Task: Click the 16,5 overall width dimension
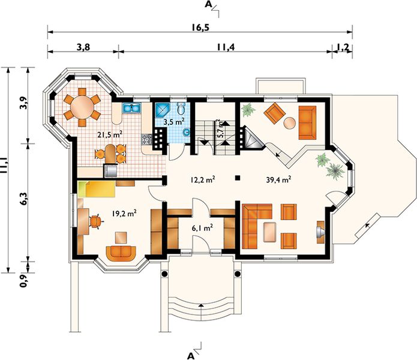click(x=200, y=28)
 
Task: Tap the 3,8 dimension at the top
click(x=83, y=47)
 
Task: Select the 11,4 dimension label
click(x=226, y=47)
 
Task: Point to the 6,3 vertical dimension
click(x=24, y=199)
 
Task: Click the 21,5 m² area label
click(x=110, y=134)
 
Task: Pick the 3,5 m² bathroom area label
click(x=174, y=122)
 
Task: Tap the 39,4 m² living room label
click(x=278, y=180)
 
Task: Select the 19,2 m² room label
click(x=124, y=213)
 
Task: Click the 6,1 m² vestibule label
click(x=202, y=227)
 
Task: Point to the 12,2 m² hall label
click(x=203, y=180)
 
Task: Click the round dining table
click(x=82, y=107)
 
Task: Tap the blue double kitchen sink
click(x=131, y=108)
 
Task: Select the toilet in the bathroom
click(x=181, y=107)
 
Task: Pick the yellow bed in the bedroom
click(x=97, y=190)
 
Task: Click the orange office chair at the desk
click(x=95, y=221)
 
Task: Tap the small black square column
click(x=238, y=178)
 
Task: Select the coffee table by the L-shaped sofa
click(x=269, y=232)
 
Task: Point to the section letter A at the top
click(x=208, y=4)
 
